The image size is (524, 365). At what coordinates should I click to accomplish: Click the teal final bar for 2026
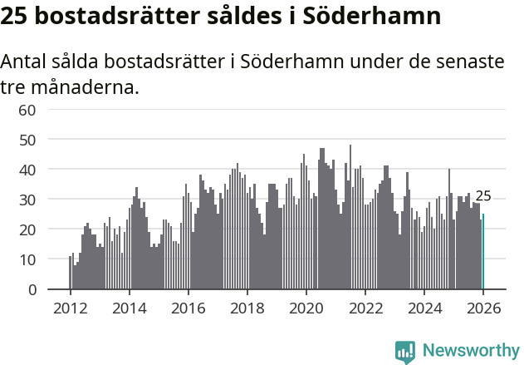[x=483, y=252]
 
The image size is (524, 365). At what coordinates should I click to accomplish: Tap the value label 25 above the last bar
[x=483, y=196]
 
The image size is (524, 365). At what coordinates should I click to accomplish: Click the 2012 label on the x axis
[x=70, y=308]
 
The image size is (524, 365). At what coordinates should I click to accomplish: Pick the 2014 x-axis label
[x=129, y=308]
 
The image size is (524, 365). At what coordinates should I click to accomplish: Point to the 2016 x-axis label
[x=188, y=308]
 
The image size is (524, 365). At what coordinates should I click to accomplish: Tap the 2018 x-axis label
[x=247, y=308]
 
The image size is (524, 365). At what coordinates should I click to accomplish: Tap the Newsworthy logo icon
[x=405, y=351]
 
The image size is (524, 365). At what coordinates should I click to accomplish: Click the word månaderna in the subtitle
[x=81, y=86]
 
